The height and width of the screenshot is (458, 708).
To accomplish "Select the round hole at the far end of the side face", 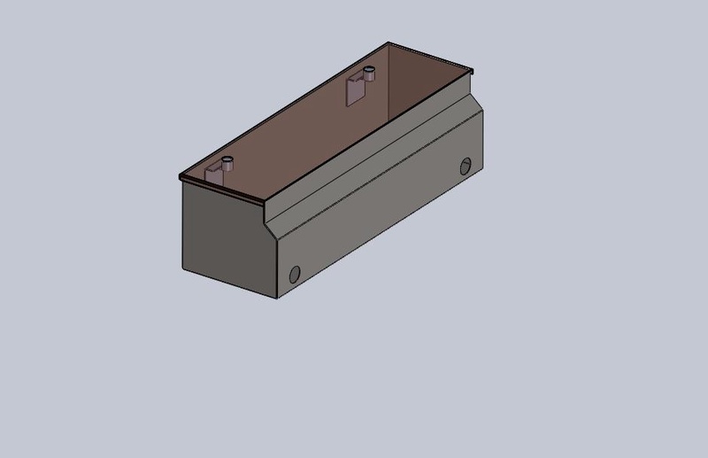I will [x=466, y=166].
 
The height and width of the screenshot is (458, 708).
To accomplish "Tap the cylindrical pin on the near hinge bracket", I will [x=228, y=164].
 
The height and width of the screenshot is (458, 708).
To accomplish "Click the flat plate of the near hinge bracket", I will [x=215, y=175].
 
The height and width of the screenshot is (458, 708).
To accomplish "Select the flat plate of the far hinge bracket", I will [x=355, y=89].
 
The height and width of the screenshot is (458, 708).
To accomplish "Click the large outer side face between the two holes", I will [x=381, y=221].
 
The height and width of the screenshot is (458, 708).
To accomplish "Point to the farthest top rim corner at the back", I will [x=388, y=42].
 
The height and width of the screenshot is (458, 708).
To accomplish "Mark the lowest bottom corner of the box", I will [x=277, y=298].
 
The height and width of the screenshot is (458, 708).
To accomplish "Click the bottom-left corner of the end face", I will [x=183, y=268].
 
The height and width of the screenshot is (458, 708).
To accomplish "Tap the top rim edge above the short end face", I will [x=221, y=190].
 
